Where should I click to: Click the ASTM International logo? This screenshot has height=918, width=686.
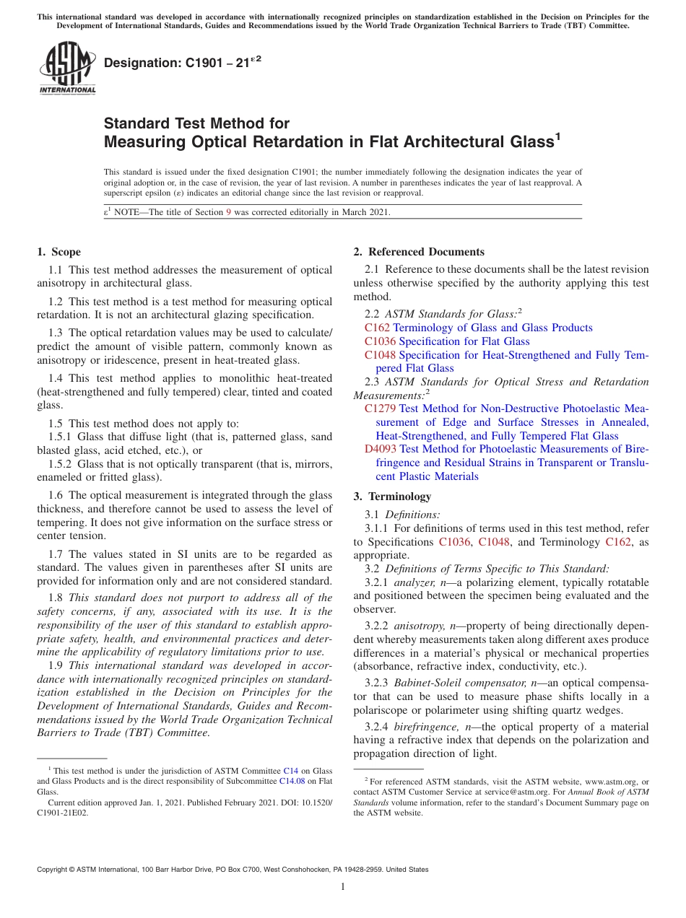pyautogui.click(x=66, y=68)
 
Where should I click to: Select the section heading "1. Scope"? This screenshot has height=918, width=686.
pyautogui.click(x=59, y=252)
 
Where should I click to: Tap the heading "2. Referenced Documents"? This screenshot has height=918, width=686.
pyautogui.click(x=419, y=252)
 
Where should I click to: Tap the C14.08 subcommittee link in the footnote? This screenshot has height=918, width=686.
pyautogui.click(x=292, y=780)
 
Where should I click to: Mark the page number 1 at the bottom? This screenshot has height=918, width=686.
pyautogui.click(x=343, y=887)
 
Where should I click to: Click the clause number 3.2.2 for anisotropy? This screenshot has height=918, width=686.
pyautogui.click(x=377, y=626)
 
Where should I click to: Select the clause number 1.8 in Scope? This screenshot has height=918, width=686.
pyautogui.click(x=56, y=598)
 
